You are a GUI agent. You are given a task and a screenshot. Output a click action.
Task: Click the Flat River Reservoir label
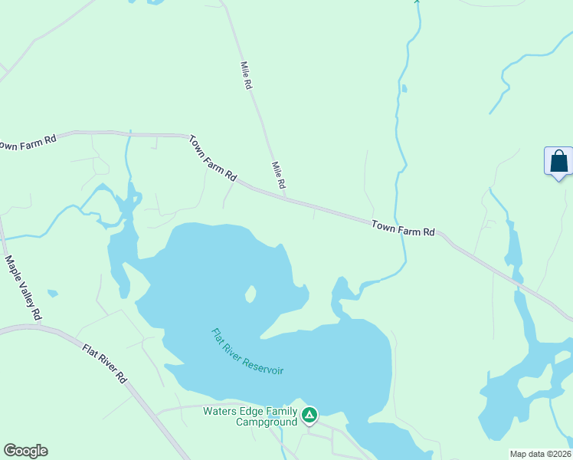pos(247,352)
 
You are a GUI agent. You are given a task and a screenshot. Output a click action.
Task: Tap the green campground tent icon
pos(309,416)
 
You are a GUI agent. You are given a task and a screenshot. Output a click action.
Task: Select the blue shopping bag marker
pos(558,161)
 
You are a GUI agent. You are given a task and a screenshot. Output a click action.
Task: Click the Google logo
pos(25,451)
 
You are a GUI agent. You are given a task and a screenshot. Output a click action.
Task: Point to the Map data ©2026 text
pos(541,454)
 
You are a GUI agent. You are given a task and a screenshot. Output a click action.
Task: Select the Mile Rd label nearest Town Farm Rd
pos(278,176)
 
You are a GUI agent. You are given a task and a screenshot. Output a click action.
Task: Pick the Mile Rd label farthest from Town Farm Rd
pos(246,76)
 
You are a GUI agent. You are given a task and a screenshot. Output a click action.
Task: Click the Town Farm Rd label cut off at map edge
pos(28,143)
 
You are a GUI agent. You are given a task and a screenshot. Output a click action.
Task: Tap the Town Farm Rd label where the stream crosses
pos(403,228)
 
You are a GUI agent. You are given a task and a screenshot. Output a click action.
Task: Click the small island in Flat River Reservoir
pos(250,294)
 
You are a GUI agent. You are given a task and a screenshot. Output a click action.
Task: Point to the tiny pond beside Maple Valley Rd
pos(52,293)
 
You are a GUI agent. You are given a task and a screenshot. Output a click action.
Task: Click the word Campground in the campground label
pos(265,422)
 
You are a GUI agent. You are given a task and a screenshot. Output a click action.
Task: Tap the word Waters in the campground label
pos(220,411)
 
